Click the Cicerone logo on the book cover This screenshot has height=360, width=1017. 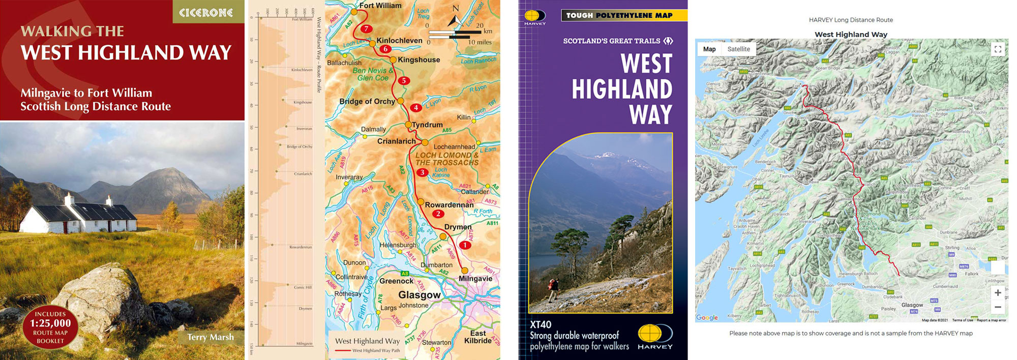tap(206, 12)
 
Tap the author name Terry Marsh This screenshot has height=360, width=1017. tap(210, 337)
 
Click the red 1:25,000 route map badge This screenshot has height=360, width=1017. tap(50, 327)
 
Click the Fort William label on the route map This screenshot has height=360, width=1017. tap(380, 6)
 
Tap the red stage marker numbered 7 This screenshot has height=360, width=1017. tap(366, 29)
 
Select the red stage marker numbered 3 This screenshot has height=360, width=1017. tap(422, 172)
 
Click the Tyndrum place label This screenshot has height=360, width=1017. tap(427, 125)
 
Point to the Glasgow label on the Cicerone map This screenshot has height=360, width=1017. tap(419, 295)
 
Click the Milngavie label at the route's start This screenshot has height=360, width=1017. tap(475, 279)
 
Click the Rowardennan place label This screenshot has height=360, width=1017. tap(449, 205)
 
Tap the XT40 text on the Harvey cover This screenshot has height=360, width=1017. tap(541, 324)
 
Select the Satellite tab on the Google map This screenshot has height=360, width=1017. tap(738, 49)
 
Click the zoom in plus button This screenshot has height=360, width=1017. tap(998, 293)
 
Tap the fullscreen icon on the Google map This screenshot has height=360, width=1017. tap(998, 49)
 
